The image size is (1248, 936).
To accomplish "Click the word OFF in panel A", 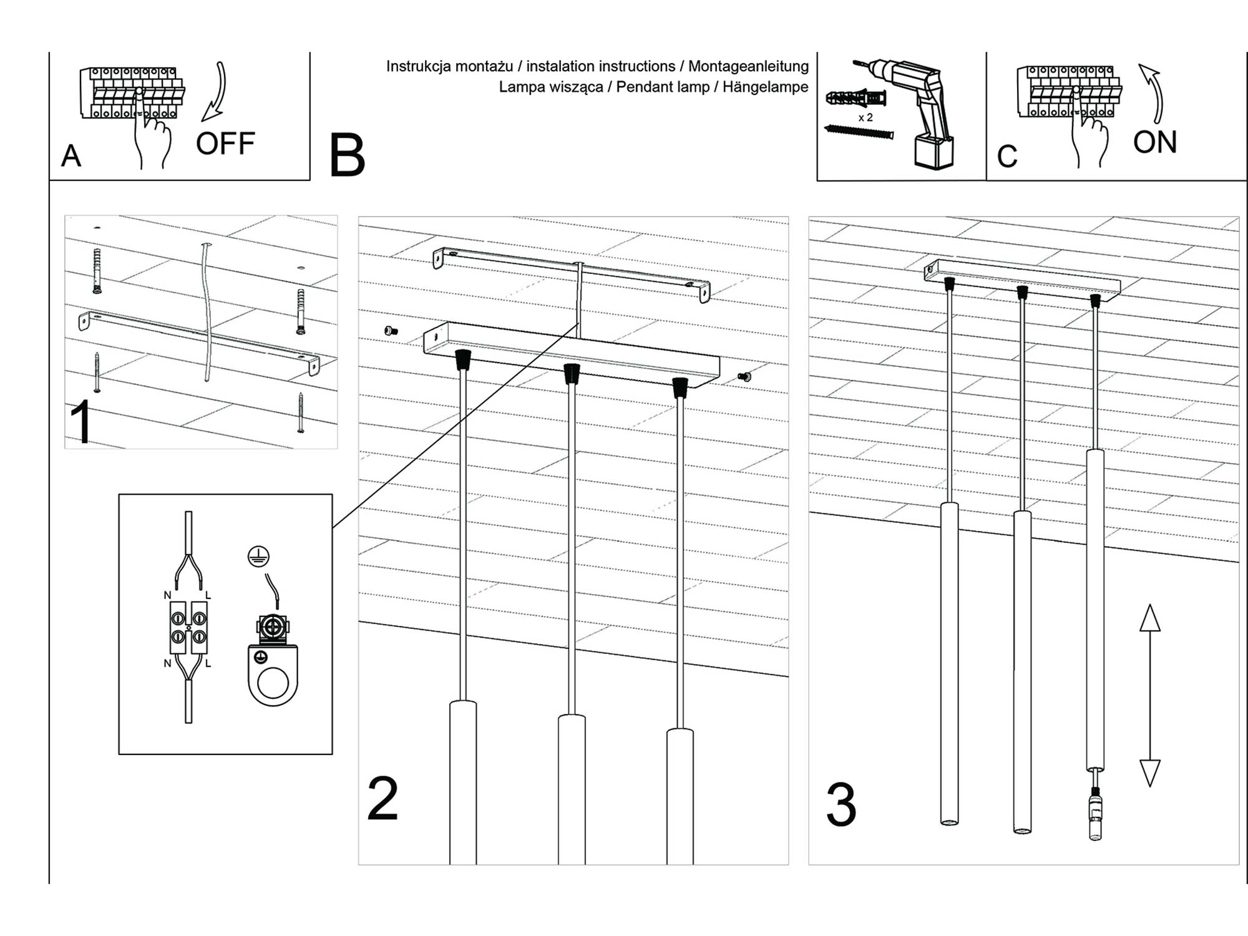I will pyautogui.click(x=225, y=144).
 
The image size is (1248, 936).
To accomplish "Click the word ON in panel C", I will pyautogui.click(x=1154, y=142).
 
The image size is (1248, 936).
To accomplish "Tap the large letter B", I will pyautogui.click(x=347, y=155).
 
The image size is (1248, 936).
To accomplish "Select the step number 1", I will pyautogui.click(x=81, y=422).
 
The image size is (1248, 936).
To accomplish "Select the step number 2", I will pyautogui.click(x=382, y=799).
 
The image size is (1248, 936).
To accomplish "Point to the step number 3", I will pyautogui.click(x=841, y=805).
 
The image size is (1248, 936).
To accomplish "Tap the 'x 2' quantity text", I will pyautogui.click(x=865, y=117).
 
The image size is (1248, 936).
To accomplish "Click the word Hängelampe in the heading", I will pyautogui.click(x=765, y=87).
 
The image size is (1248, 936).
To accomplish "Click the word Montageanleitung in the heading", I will pyautogui.click(x=748, y=66).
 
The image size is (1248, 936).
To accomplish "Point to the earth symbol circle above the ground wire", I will pyautogui.click(x=258, y=555).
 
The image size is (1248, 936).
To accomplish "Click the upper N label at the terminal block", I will pyautogui.click(x=167, y=595).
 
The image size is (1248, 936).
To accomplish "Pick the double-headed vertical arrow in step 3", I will pyautogui.click(x=1149, y=695).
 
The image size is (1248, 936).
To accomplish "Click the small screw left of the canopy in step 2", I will pyautogui.click(x=391, y=331).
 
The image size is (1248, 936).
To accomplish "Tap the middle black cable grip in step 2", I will pyautogui.click(x=571, y=373).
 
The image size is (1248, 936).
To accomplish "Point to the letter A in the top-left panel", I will pyautogui.click(x=71, y=156).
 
